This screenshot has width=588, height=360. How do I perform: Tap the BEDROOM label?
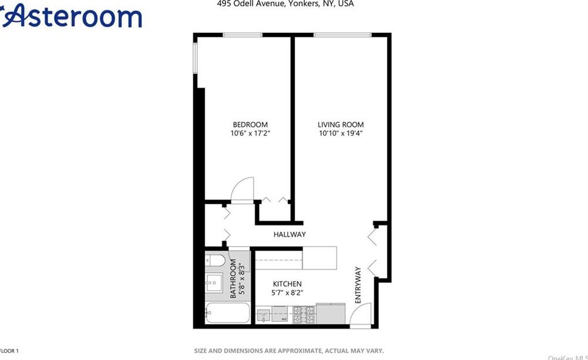(x=250, y=125)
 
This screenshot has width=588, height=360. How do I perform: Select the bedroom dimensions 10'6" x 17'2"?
(x=250, y=134)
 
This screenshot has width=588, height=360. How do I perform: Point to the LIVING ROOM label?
(x=341, y=125)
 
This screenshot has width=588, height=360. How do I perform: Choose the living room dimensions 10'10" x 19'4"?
(x=341, y=134)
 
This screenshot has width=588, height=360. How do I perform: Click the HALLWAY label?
(x=290, y=235)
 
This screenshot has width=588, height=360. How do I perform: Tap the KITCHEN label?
(x=287, y=284)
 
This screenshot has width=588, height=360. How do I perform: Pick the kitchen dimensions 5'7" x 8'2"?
(x=287, y=292)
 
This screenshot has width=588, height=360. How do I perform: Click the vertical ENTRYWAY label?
(x=358, y=285)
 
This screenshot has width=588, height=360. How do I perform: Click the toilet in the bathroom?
(x=215, y=261)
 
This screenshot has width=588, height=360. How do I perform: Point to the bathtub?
(x=228, y=312)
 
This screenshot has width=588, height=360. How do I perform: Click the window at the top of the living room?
(x=342, y=35)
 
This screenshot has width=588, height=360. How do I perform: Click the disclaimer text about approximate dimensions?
(x=289, y=351)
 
